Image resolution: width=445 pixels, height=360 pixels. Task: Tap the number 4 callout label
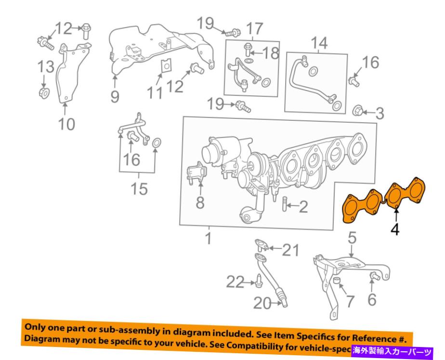click(x=395, y=230)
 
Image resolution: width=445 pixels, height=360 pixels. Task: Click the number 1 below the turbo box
click(x=208, y=238)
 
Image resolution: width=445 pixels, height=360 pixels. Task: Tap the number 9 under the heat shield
click(x=114, y=96)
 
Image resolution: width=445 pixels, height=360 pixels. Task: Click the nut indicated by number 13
click(x=43, y=92)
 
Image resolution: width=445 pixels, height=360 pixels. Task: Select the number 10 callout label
click(x=67, y=124)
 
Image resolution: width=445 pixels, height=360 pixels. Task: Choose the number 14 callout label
click(x=319, y=44)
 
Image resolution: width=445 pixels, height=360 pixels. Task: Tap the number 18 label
click(x=270, y=53)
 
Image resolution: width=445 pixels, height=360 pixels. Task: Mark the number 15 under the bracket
click(x=140, y=189)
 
